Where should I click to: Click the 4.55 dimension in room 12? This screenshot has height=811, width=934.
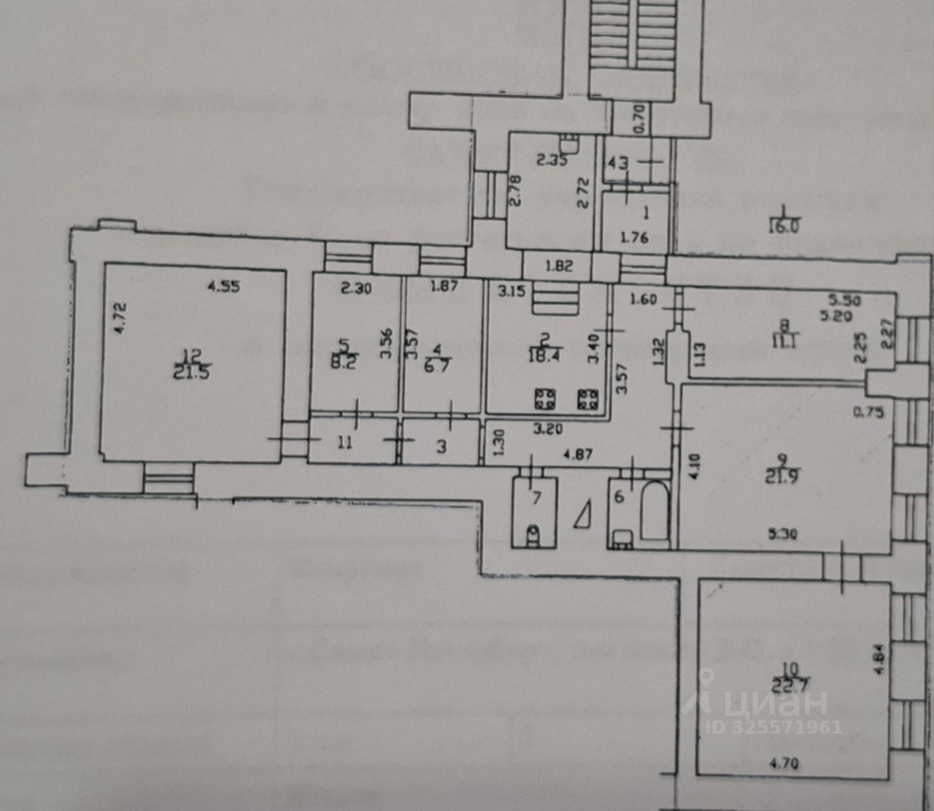(224, 287)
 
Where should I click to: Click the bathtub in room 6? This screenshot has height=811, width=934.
(655, 512)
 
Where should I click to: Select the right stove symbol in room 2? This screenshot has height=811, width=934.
(588, 398)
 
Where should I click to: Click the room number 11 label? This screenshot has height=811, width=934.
(344, 442)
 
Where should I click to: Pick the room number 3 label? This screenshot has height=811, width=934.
(441, 445)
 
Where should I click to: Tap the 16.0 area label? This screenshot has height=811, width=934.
(784, 226)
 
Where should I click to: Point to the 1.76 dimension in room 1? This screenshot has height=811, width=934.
(633, 237)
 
